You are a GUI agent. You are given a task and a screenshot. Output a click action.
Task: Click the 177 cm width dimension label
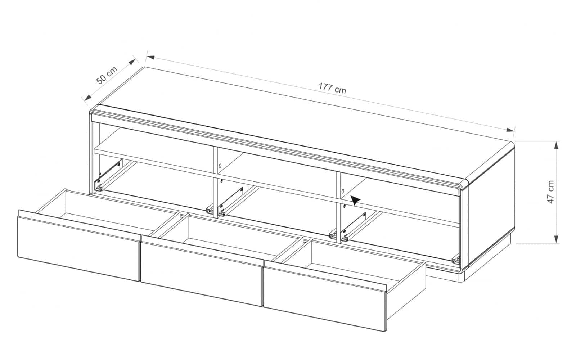point(332,88)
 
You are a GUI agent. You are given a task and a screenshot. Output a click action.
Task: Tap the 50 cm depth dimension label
point(107,75)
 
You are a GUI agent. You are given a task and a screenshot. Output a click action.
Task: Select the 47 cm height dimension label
point(550,192)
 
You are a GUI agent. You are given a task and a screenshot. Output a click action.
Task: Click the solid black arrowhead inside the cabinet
point(355,200)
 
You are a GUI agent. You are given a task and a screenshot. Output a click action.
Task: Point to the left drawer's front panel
point(79,248)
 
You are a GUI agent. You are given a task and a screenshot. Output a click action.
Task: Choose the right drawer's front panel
point(325,299)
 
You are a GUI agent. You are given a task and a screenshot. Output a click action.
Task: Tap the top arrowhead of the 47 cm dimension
point(556,145)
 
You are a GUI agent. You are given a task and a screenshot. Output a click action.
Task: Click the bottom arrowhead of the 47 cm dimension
point(556,239)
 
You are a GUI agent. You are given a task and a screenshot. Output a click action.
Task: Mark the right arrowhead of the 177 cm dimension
point(510,130)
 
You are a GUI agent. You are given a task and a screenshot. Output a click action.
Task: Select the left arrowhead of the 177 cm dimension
point(151,57)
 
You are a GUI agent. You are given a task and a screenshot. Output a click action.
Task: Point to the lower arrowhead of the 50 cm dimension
point(88,97)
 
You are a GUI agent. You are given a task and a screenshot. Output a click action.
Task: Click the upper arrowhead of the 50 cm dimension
point(132,62)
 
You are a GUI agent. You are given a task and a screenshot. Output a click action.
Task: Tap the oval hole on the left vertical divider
point(220,166)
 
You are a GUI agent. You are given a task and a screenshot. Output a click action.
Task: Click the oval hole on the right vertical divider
point(343,191)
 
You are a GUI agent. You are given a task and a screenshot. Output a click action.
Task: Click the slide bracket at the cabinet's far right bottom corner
point(456,260)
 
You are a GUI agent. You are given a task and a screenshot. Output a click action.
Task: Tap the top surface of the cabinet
point(303,123)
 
